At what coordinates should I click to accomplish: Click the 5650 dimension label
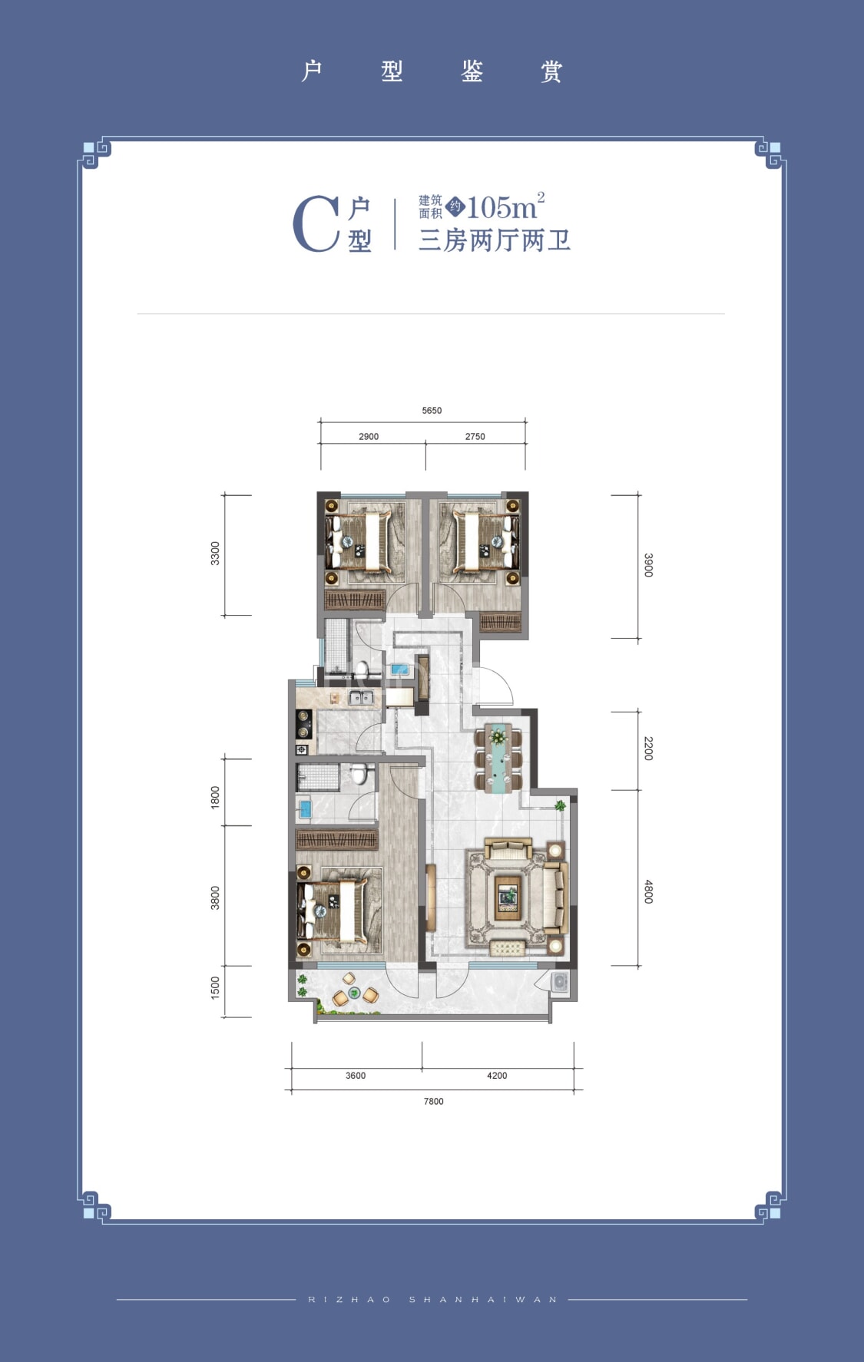[x=432, y=411]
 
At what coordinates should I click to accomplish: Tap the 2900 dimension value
[x=369, y=437]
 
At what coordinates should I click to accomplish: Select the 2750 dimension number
[x=475, y=437]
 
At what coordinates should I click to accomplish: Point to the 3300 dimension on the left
[x=215, y=554]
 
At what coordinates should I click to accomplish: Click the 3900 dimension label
[x=648, y=565]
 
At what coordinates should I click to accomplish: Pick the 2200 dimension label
[x=648, y=749]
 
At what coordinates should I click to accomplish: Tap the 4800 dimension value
[x=648, y=891]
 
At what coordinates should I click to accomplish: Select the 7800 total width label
[x=433, y=1102]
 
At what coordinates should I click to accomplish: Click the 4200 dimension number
[x=497, y=1076]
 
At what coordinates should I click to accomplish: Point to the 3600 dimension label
[x=356, y=1076]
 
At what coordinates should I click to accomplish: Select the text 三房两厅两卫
[x=495, y=240]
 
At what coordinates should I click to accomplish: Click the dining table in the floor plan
[x=499, y=758]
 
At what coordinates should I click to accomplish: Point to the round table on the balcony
[x=354, y=993]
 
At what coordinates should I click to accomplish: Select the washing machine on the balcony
[x=560, y=983]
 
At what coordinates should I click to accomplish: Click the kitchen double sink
[x=361, y=698]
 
